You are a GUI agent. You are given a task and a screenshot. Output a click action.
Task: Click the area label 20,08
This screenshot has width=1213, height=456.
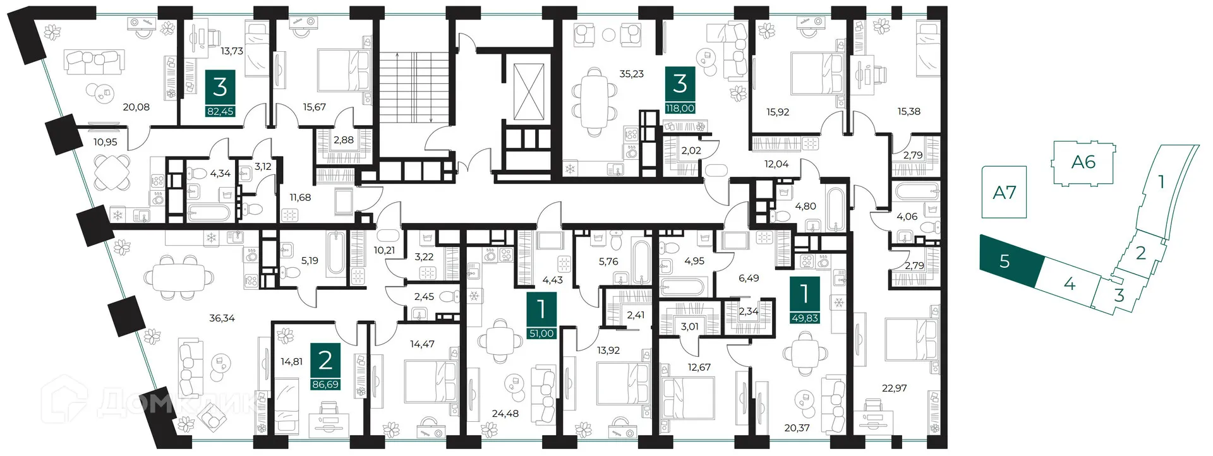[x=136, y=107]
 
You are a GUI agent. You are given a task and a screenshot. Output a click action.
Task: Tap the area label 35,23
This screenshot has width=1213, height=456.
[x=631, y=74]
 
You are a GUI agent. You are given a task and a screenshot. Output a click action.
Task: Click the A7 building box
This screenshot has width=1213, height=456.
[x=1004, y=192]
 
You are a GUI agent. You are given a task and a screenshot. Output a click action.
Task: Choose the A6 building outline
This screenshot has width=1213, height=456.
[x=1083, y=163]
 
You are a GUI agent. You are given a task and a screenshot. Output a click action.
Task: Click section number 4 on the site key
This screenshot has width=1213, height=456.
[x=1069, y=284]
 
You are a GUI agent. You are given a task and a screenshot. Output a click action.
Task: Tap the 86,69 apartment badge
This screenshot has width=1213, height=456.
[x=325, y=366]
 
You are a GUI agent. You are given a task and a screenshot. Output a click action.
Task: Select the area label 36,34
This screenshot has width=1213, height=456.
[x=222, y=318]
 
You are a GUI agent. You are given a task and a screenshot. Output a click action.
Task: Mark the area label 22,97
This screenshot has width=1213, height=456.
[x=894, y=388]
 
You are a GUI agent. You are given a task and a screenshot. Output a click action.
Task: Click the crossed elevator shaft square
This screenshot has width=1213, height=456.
[x=529, y=92]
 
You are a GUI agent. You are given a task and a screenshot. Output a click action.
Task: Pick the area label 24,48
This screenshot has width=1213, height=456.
[x=505, y=414]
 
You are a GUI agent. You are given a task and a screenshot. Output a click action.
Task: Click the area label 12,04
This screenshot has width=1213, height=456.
[x=776, y=164]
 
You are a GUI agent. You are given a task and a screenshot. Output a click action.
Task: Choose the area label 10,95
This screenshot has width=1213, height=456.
[x=105, y=142]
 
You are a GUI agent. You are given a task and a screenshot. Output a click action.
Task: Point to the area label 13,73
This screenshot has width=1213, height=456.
[x=232, y=51]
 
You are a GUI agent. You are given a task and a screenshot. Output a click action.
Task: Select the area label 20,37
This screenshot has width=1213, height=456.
[x=797, y=428]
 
